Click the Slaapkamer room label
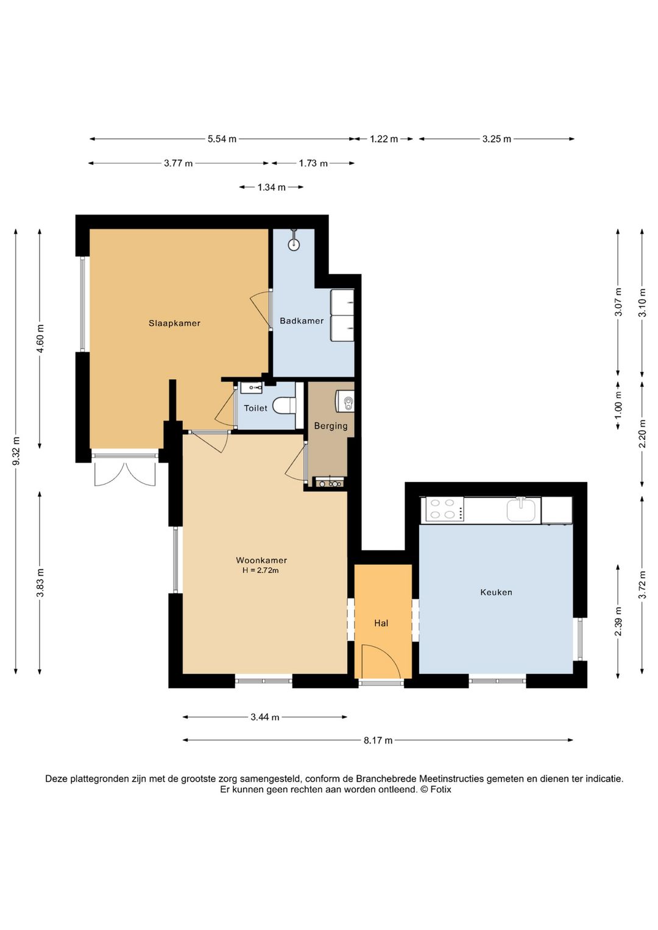[x=174, y=323]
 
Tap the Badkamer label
[x=302, y=321]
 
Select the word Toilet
[x=255, y=408]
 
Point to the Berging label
[x=330, y=426]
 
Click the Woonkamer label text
[x=261, y=560]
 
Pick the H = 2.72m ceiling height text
[x=261, y=570]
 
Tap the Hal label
[x=381, y=623]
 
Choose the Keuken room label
[x=496, y=592]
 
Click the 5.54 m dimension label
[x=222, y=139]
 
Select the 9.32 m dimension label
[x=16, y=452]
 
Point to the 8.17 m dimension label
[x=378, y=740]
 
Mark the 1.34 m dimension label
[x=272, y=187]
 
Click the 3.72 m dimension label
[x=643, y=586]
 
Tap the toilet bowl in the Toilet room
[x=285, y=406]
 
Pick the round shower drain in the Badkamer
[x=294, y=245]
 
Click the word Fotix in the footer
[x=440, y=789]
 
